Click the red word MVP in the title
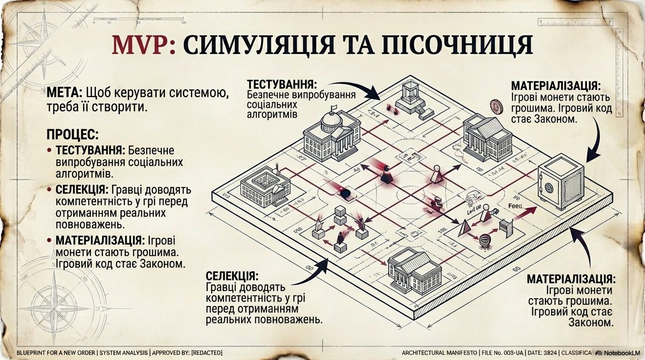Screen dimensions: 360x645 point(141,45)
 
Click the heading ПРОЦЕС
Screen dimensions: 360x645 point(72,135)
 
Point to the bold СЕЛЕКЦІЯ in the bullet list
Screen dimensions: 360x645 point(82,190)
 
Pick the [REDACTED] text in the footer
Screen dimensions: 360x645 point(206,352)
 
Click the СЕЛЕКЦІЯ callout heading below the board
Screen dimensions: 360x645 point(232,276)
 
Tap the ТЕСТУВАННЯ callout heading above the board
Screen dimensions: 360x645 point(282,85)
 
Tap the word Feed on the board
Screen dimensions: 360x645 point(515,206)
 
